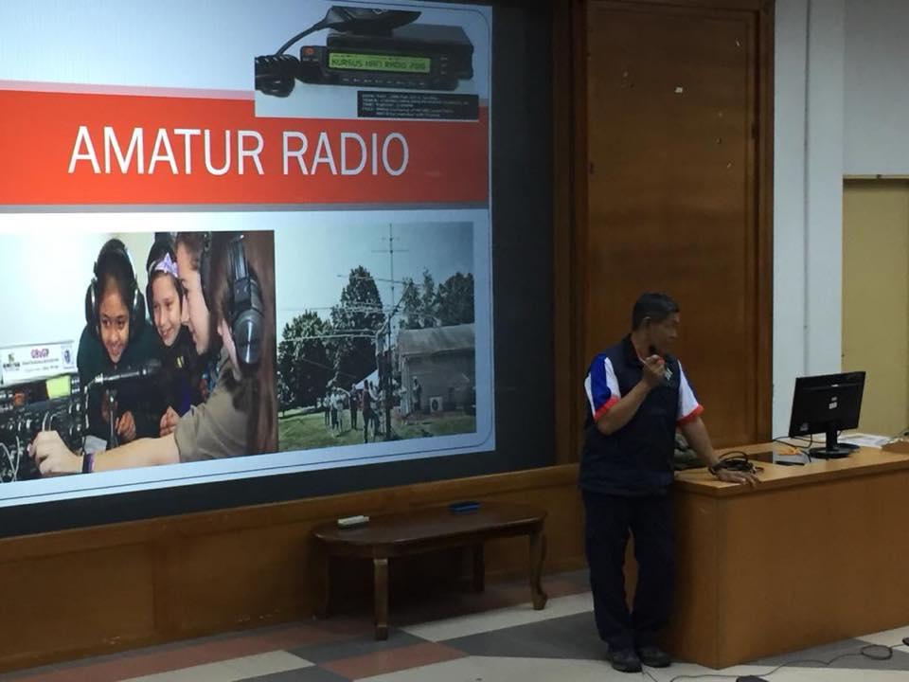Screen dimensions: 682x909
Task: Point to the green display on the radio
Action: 379,63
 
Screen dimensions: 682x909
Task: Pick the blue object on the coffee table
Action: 464,507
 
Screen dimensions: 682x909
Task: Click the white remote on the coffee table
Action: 353,520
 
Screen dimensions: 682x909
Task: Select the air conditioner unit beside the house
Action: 435,404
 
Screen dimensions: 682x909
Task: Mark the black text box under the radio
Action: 418,104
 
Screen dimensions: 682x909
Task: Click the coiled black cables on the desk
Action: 734,464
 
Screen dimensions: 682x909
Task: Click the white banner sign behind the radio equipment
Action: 36,361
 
